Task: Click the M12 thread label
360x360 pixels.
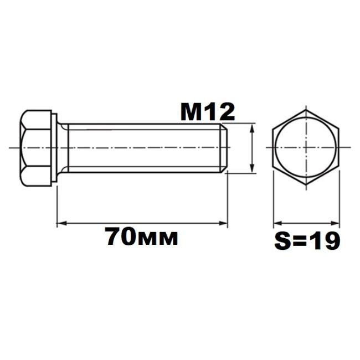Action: click(208, 112)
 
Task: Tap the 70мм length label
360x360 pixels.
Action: click(141, 236)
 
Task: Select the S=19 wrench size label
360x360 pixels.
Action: click(307, 240)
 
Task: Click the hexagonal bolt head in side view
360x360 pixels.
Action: click(35, 148)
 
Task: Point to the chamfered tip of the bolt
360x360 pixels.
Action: click(224, 148)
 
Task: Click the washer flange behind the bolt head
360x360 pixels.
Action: click(54, 148)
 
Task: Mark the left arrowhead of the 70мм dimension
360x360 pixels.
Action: click(61, 223)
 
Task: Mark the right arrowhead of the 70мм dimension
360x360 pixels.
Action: click(223, 223)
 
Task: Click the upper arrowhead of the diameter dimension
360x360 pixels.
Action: click(252, 128)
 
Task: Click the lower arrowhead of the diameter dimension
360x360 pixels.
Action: click(252, 168)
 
